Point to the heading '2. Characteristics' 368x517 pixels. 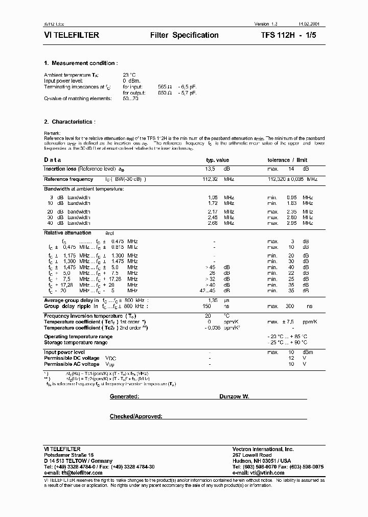70,122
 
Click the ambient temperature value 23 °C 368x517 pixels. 130,75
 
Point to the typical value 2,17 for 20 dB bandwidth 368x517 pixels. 213,212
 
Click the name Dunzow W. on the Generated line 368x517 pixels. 235,396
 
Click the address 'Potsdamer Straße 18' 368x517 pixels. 69,455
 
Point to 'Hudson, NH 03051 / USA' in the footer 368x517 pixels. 261,461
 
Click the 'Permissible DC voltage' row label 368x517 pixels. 72,359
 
